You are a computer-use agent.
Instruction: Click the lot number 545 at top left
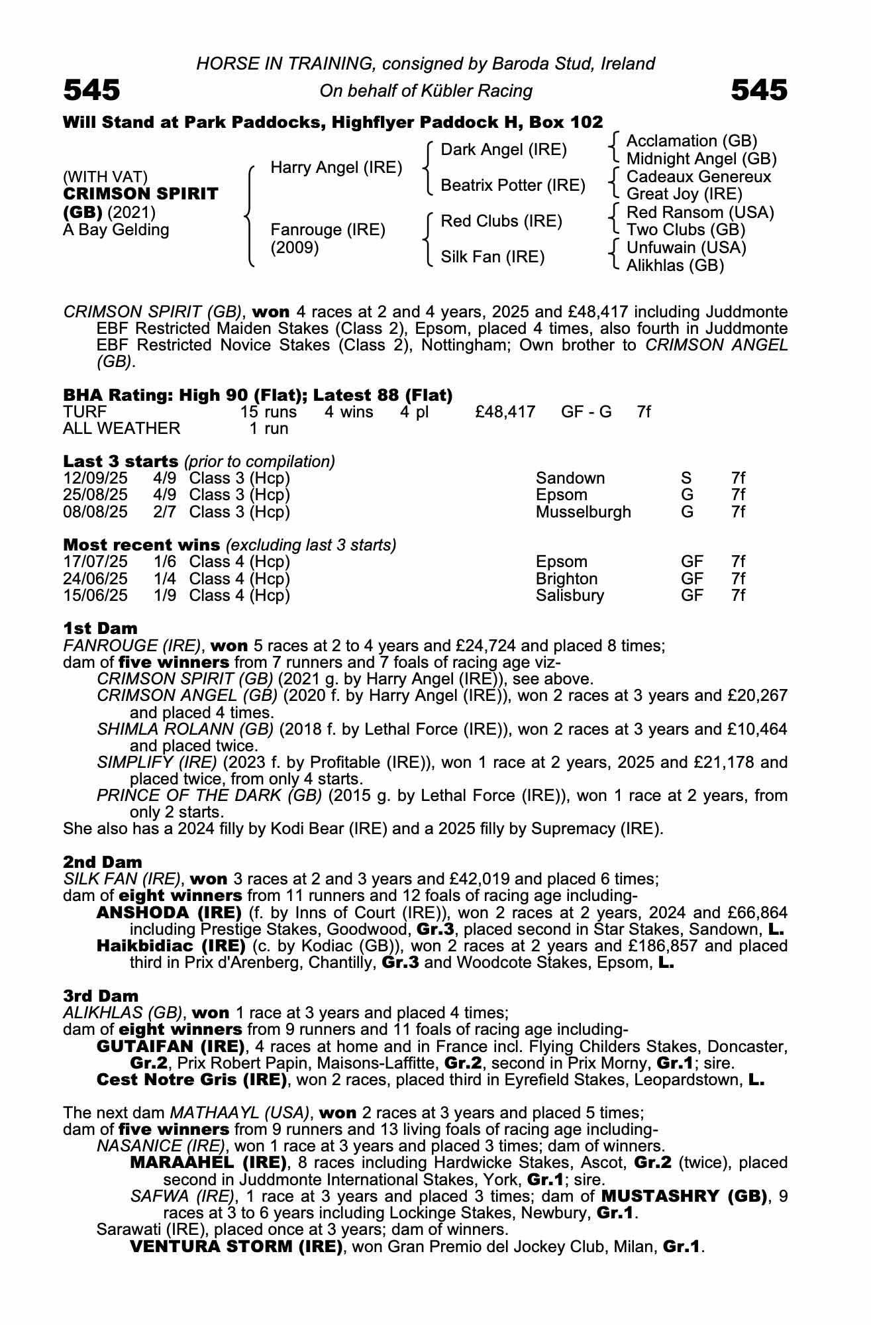click(x=91, y=90)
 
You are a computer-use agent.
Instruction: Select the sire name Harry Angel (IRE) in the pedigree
click(x=336, y=168)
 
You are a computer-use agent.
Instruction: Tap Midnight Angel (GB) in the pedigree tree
click(x=701, y=159)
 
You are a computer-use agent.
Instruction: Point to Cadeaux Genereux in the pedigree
click(x=698, y=177)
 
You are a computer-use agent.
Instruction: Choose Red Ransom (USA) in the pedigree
click(x=699, y=213)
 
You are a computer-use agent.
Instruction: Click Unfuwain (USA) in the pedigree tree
click(x=686, y=248)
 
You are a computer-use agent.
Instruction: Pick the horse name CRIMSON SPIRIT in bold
click(x=140, y=194)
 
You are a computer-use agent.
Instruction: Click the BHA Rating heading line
click(x=258, y=395)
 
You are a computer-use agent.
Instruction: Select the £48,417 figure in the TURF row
click(x=505, y=412)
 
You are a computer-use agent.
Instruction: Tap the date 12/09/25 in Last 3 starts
click(x=95, y=478)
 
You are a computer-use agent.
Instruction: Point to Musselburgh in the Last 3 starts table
click(x=583, y=512)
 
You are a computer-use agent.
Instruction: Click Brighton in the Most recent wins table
click(x=566, y=579)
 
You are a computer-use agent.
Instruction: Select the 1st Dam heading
click(x=100, y=628)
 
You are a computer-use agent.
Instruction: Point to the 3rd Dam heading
click(x=101, y=996)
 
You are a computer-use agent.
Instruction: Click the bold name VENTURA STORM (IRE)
click(x=236, y=1247)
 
